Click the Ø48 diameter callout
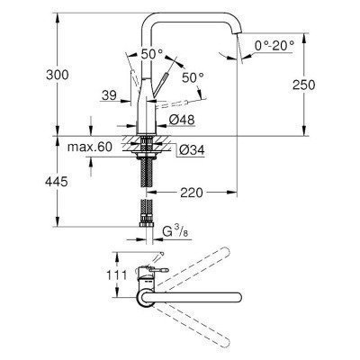(x=180, y=119)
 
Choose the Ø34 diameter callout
(x=181, y=149)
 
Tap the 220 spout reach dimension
(x=190, y=192)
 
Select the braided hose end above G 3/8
(x=145, y=219)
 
